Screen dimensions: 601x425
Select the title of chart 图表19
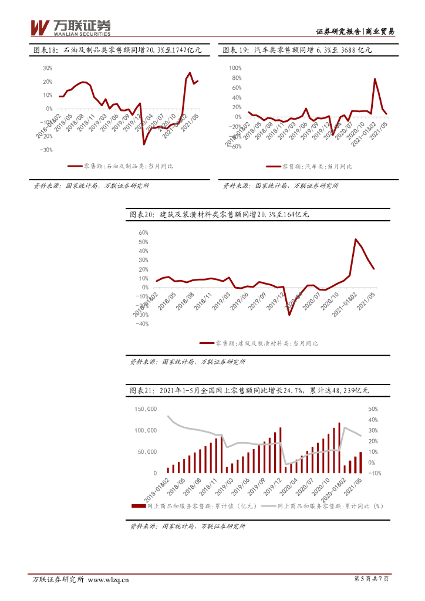pyautogui.click(x=297, y=50)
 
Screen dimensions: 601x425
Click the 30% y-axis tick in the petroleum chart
pyautogui.click(x=47, y=68)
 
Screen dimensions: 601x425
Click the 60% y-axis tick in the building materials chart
pyautogui.click(x=143, y=232)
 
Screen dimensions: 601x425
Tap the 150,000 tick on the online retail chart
pyautogui.click(x=145, y=408)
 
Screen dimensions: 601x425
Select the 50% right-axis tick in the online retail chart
pyautogui.click(x=373, y=408)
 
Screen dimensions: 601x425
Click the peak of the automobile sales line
pyautogui.click(x=375, y=79)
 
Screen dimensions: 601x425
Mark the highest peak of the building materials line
pyautogui.click(x=355, y=239)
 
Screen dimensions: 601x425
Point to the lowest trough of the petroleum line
pyautogui.click(x=144, y=144)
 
